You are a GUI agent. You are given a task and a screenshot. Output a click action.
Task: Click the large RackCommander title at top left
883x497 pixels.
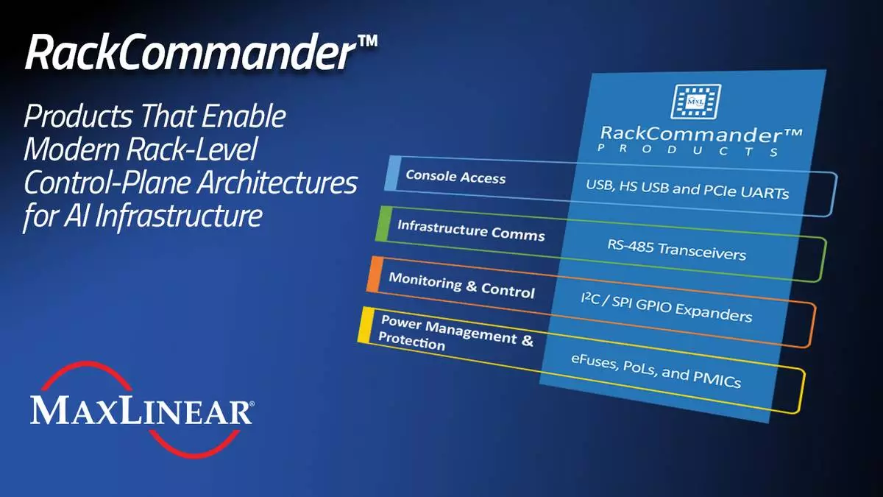point(201,52)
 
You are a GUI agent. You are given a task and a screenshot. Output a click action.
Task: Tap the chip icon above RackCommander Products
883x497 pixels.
point(696,102)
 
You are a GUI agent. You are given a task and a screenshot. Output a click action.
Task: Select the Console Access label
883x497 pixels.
point(455,177)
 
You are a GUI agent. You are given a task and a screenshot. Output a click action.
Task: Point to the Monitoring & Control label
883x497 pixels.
point(461,285)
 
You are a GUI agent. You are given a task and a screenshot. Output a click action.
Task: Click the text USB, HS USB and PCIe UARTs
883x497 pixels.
point(687,189)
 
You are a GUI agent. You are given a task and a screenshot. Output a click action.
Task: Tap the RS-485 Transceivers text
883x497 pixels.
point(676,250)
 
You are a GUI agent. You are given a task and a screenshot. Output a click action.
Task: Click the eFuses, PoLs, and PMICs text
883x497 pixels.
point(656,371)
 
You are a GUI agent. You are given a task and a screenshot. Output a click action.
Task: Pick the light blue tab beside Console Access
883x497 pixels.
point(393,174)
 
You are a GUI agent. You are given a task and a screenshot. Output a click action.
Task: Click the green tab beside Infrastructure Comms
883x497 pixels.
point(383,224)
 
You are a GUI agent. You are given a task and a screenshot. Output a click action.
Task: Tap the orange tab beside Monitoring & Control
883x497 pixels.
point(375,275)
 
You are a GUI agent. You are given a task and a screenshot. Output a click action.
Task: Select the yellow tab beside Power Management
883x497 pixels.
point(366,325)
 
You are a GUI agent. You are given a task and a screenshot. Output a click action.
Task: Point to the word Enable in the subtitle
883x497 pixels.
point(244,116)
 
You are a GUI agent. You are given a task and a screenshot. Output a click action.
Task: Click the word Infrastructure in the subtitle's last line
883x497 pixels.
point(179,216)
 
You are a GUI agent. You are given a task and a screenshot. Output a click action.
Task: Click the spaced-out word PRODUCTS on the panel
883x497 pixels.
point(688,150)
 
